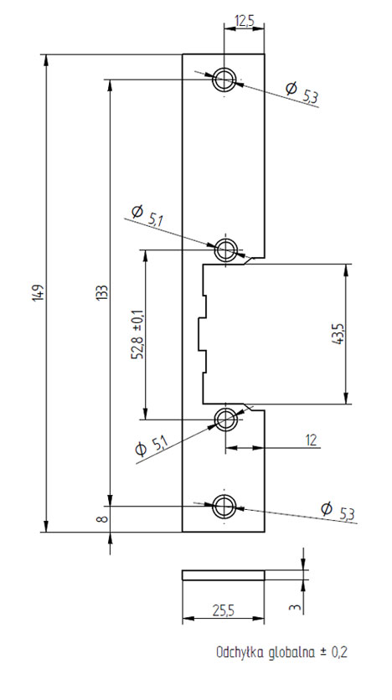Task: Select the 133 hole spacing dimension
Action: click(102, 292)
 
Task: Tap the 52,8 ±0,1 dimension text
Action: click(137, 334)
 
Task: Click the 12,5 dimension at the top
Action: click(244, 22)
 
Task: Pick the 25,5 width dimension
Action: click(224, 610)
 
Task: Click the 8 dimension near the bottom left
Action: click(102, 519)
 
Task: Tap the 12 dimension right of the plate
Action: click(312, 440)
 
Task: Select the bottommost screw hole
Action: click(224, 507)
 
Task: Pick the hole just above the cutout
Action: click(226, 250)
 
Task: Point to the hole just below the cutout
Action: click(226, 419)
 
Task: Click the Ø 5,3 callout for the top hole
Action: click(302, 93)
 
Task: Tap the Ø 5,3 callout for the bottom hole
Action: click(338, 512)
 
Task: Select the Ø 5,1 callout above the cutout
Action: click(145, 215)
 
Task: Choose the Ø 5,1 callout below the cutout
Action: click(152, 446)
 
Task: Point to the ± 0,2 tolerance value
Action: click(333, 652)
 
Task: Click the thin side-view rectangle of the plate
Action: click(224, 575)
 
